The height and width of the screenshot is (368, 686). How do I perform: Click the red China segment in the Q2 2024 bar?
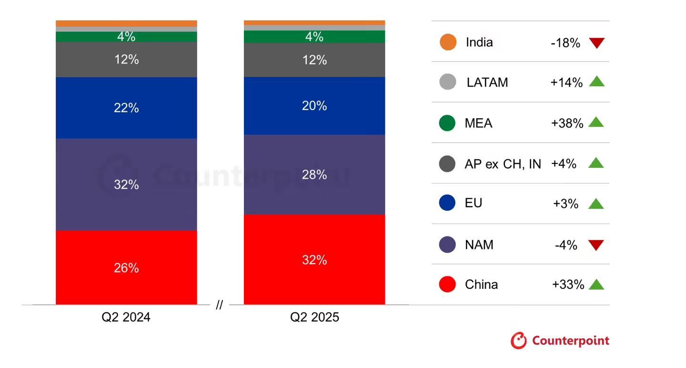126,267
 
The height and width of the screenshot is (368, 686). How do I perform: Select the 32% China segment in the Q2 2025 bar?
314,259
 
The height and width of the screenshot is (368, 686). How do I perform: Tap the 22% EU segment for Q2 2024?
126,108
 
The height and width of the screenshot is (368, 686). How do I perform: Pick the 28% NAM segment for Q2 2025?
314,174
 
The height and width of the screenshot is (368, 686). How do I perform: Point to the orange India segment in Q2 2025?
314,22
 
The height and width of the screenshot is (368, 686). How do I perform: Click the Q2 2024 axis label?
126,317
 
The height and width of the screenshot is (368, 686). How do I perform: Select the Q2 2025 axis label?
315,317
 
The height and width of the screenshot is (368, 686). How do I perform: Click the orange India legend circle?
448,42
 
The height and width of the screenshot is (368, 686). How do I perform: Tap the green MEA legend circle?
447,123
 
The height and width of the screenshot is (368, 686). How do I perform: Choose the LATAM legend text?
487,82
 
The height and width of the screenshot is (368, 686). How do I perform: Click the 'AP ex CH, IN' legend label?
503,164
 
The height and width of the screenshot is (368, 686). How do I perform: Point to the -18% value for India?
565,43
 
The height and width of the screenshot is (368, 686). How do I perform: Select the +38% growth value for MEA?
567,123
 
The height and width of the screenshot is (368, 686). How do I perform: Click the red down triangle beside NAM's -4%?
596,245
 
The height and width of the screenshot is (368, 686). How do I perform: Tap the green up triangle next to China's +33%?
596,285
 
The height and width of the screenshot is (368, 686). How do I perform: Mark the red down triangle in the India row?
596,43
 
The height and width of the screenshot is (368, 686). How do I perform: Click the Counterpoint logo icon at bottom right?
519,341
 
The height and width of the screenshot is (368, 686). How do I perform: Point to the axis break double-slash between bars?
219,306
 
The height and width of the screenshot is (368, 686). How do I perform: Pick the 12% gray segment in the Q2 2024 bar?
126,60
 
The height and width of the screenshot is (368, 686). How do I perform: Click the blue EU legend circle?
447,203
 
